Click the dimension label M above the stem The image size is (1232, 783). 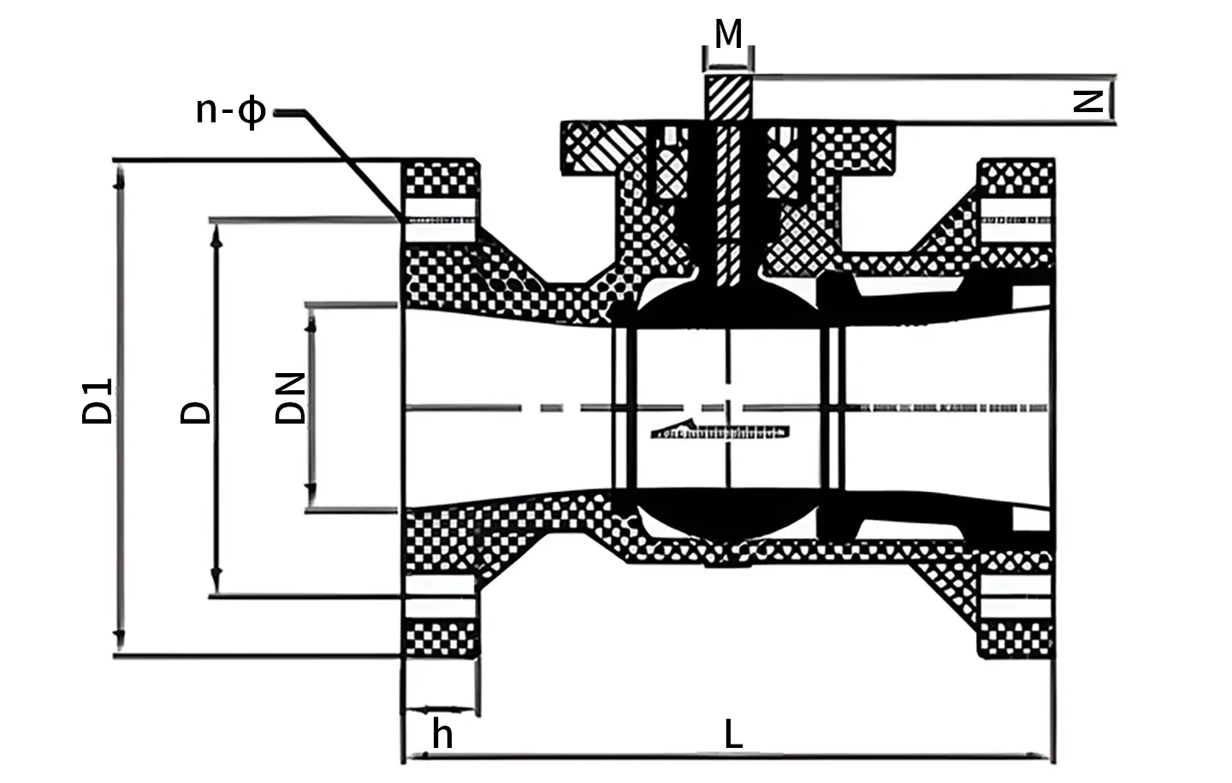pos(728,33)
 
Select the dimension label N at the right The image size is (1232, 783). pos(1088,102)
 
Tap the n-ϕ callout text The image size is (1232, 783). pos(231,112)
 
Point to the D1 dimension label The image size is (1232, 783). pos(97,401)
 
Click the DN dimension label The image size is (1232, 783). pos(289,399)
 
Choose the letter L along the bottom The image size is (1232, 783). pos(733,733)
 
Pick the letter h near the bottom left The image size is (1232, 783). pos(442,733)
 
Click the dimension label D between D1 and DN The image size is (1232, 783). pos(195,412)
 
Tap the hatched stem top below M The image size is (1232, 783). pos(728,98)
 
